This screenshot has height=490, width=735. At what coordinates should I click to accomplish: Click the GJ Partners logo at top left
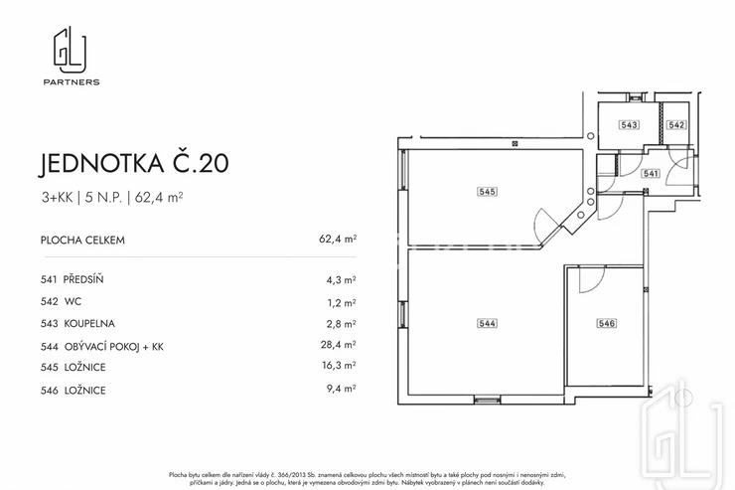[x=72, y=56]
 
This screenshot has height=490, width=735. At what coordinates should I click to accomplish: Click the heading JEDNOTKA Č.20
[x=134, y=163]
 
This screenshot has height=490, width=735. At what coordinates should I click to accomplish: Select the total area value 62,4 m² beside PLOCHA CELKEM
[x=338, y=239]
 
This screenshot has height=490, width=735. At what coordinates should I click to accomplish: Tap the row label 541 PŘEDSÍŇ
[x=72, y=279]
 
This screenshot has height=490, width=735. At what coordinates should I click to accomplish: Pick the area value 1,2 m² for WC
[x=342, y=303]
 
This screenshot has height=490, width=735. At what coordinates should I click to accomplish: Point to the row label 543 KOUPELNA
[x=77, y=324]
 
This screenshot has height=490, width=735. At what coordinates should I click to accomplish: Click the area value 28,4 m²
[x=338, y=345]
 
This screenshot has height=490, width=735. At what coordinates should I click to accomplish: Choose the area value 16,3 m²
[x=339, y=366]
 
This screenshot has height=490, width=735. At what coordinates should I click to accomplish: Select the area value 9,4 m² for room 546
[x=341, y=389]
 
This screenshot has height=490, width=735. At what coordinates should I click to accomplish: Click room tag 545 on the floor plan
[x=487, y=191]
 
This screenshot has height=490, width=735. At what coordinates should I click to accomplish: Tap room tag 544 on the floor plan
[x=487, y=323]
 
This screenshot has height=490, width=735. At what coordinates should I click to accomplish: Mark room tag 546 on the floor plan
[x=606, y=323]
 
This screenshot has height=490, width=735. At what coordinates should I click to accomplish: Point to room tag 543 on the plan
[x=629, y=124]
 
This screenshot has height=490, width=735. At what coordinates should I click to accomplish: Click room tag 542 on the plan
[x=676, y=124]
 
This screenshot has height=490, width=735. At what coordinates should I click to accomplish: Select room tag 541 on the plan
[x=651, y=174]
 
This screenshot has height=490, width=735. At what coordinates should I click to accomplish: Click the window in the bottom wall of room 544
[x=487, y=400]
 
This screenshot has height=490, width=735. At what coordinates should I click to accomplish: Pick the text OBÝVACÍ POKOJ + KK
[x=114, y=347]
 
